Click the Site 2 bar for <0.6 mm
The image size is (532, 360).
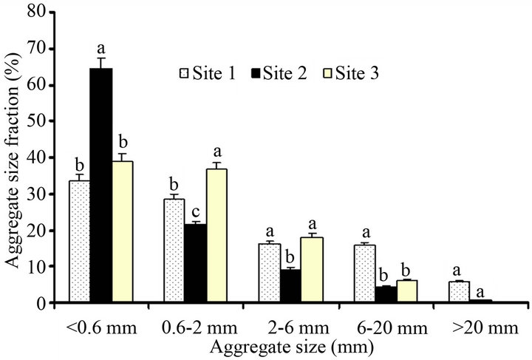pyautogui.click(x=100, y=185)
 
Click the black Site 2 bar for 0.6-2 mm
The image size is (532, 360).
pyautogui.click(x=195, y=263)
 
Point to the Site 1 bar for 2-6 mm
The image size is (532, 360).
pyautogui.click(x=269, y=273)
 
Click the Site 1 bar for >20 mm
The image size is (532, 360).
pyautogui.click(x=458, y=292)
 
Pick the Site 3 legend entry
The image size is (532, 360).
pyautogui.click(x=347, y=73)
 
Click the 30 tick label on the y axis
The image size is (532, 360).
pyautogui.click(x=46, y=194)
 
